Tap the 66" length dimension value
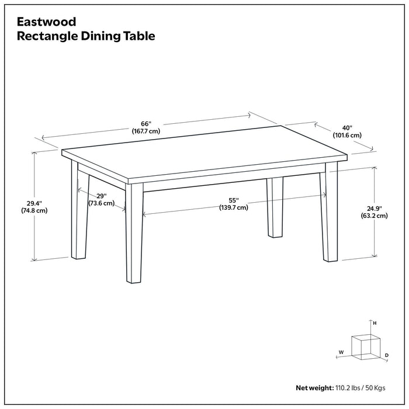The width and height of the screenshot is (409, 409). pos(145,123)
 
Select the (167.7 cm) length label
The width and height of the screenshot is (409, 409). pos(145,131)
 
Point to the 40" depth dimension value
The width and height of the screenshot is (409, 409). pos(347,127)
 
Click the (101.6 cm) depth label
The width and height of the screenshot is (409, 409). pos(347,135)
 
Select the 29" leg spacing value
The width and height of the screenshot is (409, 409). pos(100,196)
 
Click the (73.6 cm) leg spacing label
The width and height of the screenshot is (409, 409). pos(101,203)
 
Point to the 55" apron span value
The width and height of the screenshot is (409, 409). pos(233,199)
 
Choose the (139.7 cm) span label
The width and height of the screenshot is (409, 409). pos(233,207)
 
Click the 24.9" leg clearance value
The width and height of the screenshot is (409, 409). pos(374,207)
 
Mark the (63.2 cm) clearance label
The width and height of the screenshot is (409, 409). pos(374,216)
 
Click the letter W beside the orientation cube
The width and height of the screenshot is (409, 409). pos(341,352)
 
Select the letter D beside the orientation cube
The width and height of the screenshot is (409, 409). pos(387,355)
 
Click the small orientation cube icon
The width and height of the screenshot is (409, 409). pos(362,346)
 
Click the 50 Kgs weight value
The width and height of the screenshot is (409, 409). pos(379,388)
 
